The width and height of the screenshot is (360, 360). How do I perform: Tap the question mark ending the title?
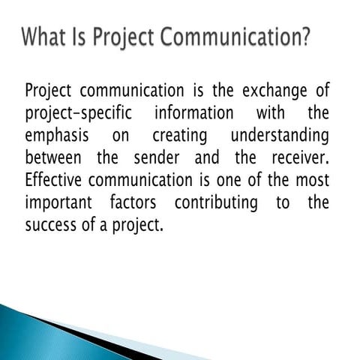304,37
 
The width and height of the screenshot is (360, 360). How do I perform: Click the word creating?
180,137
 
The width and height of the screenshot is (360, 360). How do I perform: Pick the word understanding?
279,137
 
